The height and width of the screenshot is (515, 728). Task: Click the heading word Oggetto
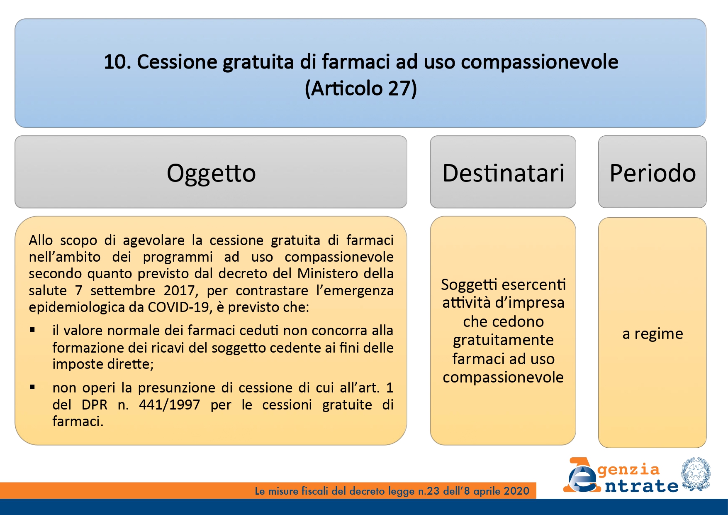point(211,174)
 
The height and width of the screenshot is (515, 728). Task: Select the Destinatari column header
point(503,173)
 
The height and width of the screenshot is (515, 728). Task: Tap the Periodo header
point(653,173)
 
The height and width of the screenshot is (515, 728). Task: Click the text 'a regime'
point(653,334)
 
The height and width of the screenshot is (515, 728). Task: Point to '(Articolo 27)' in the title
point(361,88)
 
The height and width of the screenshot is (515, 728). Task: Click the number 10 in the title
point(114,62)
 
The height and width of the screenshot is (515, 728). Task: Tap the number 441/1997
point(170,405)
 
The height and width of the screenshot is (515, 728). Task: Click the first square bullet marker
point(32,330)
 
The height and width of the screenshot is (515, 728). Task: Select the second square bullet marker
point(32,387)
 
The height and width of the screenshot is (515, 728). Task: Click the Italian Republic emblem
point(696,475)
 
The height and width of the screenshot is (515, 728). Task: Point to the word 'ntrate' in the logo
point(641,486)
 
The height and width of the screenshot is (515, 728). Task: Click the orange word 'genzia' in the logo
point(628,470)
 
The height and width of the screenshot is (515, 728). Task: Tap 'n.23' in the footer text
point(429,491)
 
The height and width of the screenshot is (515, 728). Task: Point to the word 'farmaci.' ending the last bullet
point(78,422)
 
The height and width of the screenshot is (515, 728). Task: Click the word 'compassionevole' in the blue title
point(539,62)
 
